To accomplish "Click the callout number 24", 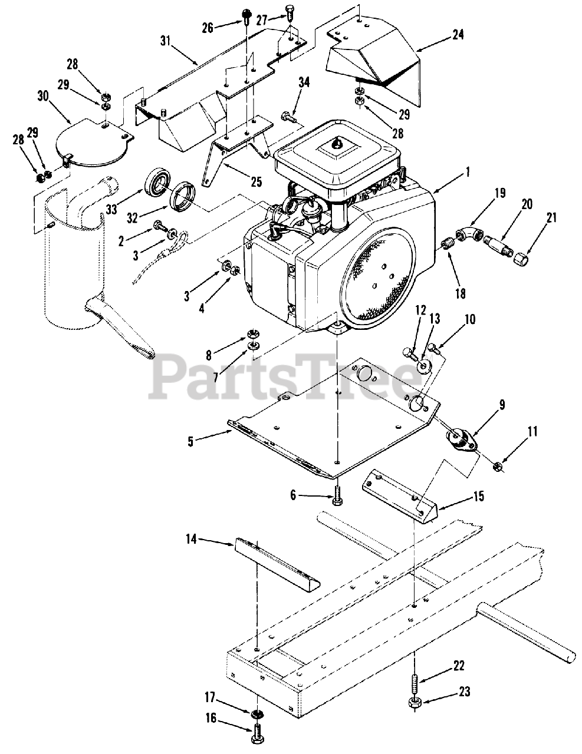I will (x=458, y=35).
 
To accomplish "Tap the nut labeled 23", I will (x=415, y=703).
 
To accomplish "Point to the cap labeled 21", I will (x=521, y=257).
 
